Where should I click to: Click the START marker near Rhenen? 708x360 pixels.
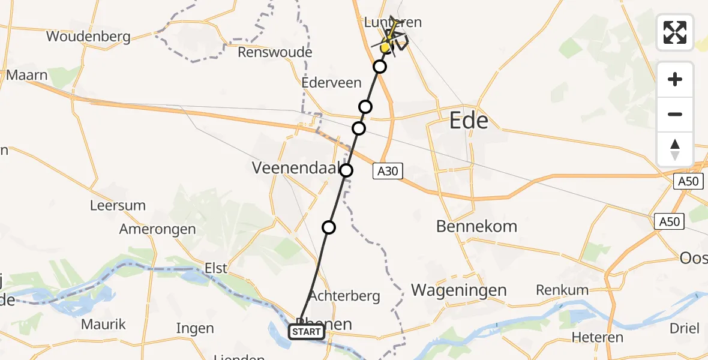pos(307,332)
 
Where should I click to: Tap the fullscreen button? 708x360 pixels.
pos(675,32)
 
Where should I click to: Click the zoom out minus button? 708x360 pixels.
pos(675,114)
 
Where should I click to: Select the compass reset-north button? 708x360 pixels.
pos(675,149)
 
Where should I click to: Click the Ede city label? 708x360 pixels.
pos(469,122)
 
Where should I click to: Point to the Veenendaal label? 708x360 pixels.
pos(296,168)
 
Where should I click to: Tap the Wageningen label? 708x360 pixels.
pos(459,290)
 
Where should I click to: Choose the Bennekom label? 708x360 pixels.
pos(476,227)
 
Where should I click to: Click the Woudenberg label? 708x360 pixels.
pos(88,37)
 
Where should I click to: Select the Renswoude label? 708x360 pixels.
pos(275,52)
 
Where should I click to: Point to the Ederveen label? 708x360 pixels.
pos(332,83)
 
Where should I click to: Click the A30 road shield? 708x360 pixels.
pos(387,172)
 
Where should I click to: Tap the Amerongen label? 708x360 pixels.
pos(157,229)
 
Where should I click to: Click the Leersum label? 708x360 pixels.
pos(118,205)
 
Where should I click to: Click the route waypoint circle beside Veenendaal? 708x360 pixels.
pos(347,170)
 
